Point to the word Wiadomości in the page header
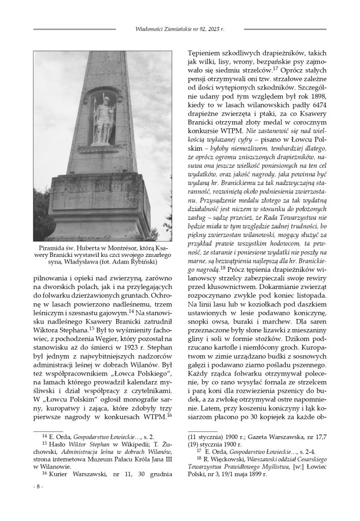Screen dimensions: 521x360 click(x=142, y=30)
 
